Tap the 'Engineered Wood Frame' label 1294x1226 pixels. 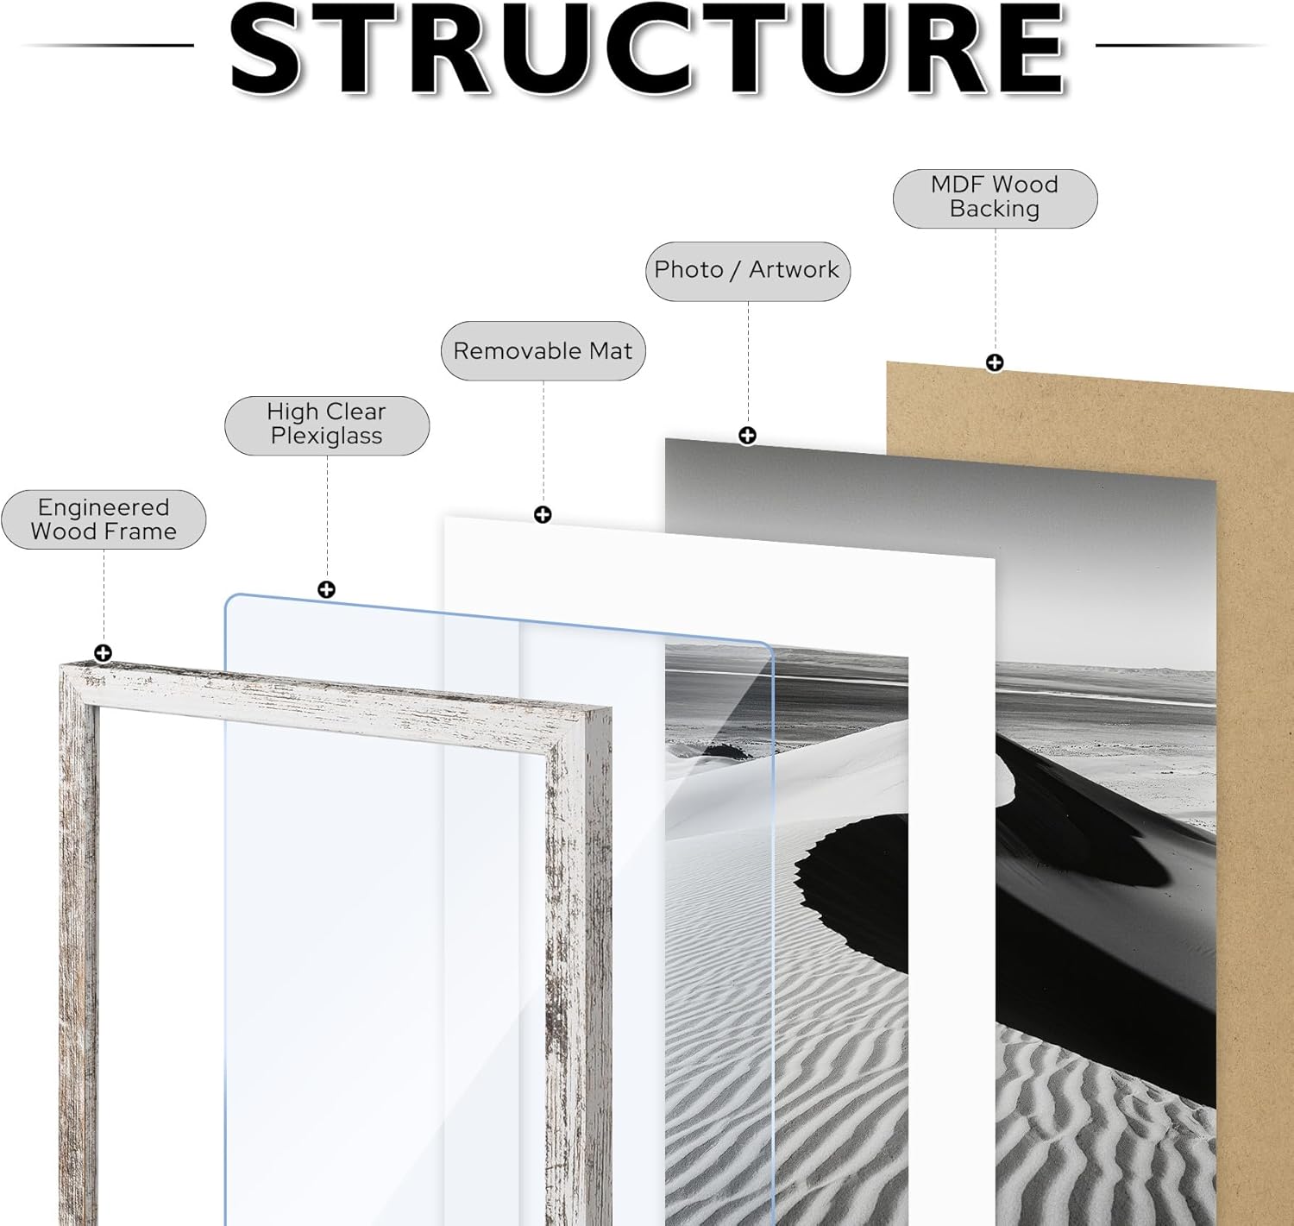tap(104, 519)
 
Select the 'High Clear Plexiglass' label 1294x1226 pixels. tap(326, 424)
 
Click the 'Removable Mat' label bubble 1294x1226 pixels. tap(543, 351)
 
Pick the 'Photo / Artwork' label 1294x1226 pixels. tap(747, 271)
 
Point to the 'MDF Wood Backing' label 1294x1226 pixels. tap(995, 198)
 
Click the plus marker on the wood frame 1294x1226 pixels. tap(103, 653)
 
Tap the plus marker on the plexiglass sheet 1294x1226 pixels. tap(326, 589)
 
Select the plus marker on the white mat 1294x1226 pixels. tap(543, 515)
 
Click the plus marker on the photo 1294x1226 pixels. tap(747, 436)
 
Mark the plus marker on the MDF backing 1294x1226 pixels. tap(995, 362)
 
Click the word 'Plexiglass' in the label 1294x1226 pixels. tap(326, 437)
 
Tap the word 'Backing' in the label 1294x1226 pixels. tap(995, 210)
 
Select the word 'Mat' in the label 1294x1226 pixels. tap(611, 351)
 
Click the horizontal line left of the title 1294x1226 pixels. tap(108, 45)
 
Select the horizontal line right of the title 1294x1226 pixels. tap(1182, 45)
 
